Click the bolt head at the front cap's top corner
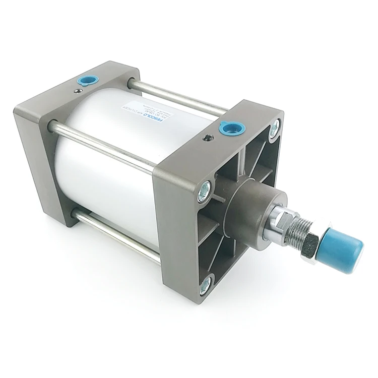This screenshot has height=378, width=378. (275, 129)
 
